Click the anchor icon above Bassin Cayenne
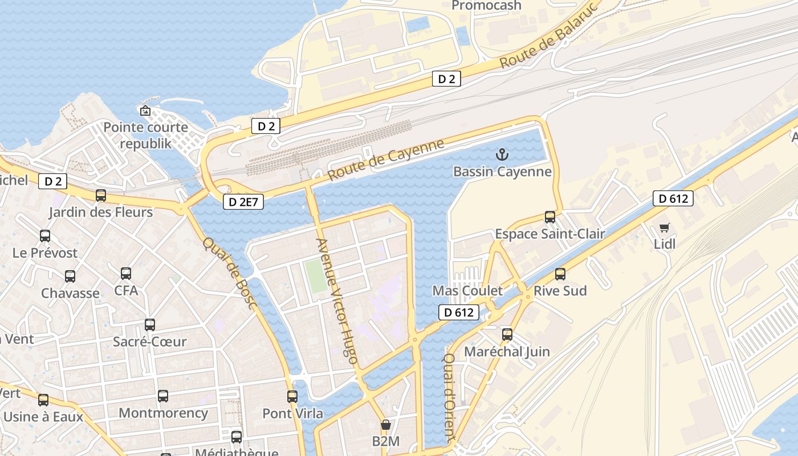point(502,154)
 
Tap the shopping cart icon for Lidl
point(664,228)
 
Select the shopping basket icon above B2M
point(386,425)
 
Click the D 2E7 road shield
point(243,201)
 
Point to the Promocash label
point(486,6)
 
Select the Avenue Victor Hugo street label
point(337,301)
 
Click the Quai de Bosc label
point(230,273)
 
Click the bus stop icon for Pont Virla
point(292,396)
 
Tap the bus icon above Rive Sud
point(560,274)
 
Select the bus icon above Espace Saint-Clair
point(550,217)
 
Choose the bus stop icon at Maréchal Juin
point(507,335)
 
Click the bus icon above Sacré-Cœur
point(150,325)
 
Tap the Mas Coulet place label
point(467,291)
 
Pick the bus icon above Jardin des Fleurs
point(101,196)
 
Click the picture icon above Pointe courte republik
point(145,111)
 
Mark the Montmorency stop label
point(163,413)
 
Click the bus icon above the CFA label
point(126,274)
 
